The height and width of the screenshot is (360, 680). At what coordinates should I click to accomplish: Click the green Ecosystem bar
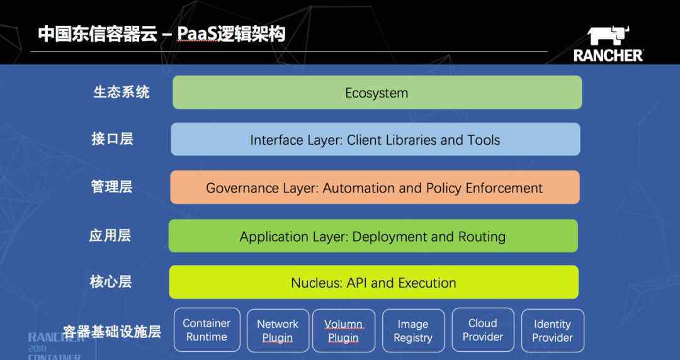pyautogui.click(x=377, y=93)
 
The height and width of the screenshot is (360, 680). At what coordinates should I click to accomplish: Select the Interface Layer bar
pyautogui.click(x=375, y=139)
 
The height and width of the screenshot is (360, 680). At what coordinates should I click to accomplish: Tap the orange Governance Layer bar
pyautogui.click(x=375, y=188)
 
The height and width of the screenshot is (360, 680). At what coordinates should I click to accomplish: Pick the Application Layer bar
pyautogui.click(x=373, y=236)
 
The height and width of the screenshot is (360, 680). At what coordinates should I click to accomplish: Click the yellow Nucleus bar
pyautogui.click(x=374, y=283)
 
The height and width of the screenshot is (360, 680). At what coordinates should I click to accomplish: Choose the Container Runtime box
pyautogui.click(x=207, y=330)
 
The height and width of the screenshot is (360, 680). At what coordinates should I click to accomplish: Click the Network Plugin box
pyautogui.click(x=278, y=330)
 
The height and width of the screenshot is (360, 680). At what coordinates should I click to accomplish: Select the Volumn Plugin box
pyautogui.click(x=344, y=330)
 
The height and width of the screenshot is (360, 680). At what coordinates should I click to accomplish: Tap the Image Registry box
pyautogui.click(x=413, y=330)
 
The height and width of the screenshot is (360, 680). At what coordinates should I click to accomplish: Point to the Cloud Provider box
pyautogui.click(x=483, y=330)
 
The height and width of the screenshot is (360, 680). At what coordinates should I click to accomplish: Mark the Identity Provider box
pyautogui.click(x=553, y=330)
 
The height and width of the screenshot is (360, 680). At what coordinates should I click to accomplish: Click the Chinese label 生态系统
pyautogui.click(x=122, y=92)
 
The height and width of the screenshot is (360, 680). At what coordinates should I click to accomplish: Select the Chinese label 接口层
pyautogui.click(x=112, y=139)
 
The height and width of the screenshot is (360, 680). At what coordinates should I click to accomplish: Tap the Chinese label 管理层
pyautogui.click(x=111, y=187)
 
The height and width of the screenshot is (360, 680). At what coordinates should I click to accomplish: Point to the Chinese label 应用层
pyautogui.click(x=110, y=235)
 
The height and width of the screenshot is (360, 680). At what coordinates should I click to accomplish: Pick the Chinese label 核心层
pyautogui.click(x=111, y=282)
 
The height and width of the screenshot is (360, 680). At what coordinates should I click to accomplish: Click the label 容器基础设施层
pyautogui.click(x=112, y=332)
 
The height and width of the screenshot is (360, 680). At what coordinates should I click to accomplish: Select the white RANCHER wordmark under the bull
pyautogui.click(x=608, y=55)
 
